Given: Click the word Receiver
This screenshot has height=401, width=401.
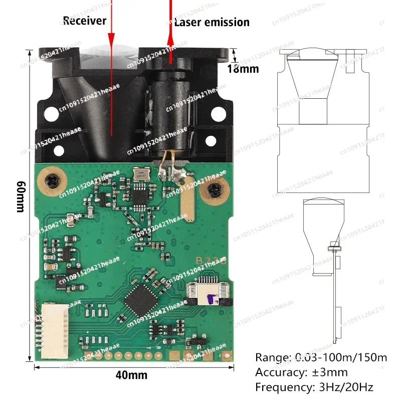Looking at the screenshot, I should [x=84, y=21].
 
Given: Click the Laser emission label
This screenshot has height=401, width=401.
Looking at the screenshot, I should [x=211, y=22].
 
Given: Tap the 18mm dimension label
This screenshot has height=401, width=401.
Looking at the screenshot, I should [x=243, y=69].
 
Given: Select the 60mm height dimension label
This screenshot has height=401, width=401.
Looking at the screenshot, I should [x=21, y=196].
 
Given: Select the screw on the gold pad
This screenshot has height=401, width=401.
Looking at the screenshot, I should [x=214, y=190].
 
